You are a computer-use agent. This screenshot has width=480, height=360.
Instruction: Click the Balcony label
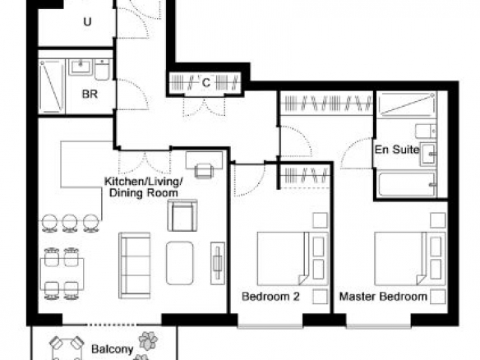coord(112,349)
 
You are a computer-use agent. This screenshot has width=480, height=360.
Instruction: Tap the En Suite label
coord(397,150)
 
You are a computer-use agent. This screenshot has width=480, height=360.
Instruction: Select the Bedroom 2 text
coord(270,297)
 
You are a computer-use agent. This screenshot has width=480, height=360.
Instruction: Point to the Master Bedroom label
coord(383,297)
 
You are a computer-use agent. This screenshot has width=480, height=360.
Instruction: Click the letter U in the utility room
coord(88,22)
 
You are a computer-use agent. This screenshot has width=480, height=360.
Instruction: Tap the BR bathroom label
coord(90,94)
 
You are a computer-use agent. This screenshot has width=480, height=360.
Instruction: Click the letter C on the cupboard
coord(206,83)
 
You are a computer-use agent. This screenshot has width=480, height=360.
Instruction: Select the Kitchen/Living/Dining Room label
coord(144,187)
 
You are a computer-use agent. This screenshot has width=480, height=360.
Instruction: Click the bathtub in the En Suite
coord(407,184)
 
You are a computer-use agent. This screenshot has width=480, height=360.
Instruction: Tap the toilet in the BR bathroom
coord(102,70)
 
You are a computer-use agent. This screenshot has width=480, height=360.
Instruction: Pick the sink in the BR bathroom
coord(81,67)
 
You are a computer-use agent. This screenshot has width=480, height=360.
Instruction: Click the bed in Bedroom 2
coord(293,259)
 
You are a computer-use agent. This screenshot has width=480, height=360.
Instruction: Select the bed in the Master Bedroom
coord(410,259)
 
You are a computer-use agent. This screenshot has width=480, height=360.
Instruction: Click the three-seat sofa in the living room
coord(135,265)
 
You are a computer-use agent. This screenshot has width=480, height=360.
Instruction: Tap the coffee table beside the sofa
coord(180,263)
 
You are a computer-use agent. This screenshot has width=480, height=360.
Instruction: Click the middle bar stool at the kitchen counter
coord(70,224)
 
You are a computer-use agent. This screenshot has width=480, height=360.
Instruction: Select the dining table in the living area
coord(62,274)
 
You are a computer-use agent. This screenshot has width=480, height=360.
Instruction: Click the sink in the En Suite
coord(428,154)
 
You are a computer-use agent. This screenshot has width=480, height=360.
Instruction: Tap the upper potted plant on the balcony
coord(148,341)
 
